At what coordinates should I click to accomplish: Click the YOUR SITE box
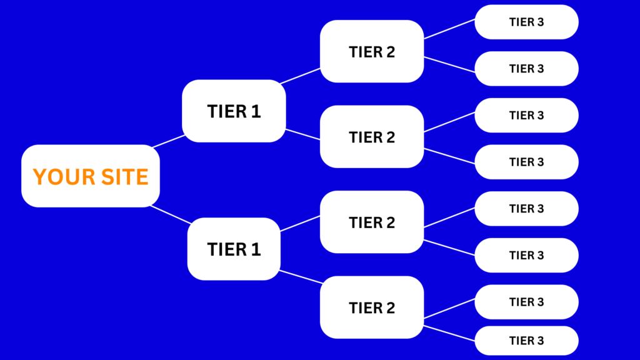pos(91,176)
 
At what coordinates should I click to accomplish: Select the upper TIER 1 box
pos(234,111)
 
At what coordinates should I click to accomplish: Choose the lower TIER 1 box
pos(234,249)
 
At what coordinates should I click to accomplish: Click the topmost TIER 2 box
pos(372,51)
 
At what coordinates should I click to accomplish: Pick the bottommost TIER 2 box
pos(372,307)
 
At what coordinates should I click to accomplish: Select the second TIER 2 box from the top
pos(372,137)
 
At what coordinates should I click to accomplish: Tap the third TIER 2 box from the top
pos(372,222)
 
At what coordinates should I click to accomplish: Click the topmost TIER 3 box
pos(526,22)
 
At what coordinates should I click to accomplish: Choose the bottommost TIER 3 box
pos(526,341)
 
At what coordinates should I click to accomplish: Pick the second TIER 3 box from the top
pos(526,69)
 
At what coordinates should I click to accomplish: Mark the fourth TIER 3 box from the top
pos(526,162)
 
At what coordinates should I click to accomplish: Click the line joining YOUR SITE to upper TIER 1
pos(169,141)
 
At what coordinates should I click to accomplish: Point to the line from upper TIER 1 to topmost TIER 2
pos(301,76)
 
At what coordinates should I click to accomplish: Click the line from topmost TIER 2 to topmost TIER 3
pos(449,29)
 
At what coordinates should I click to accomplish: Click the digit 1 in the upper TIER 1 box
pos(256,111)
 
